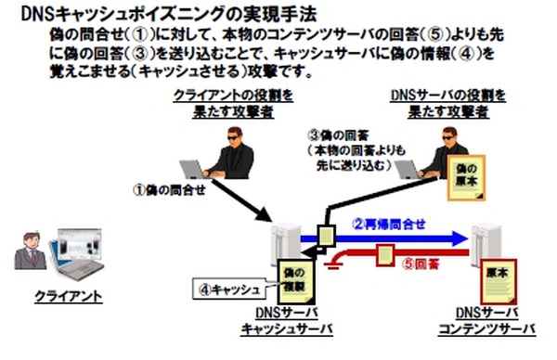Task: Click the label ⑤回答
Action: pos(421,263)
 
